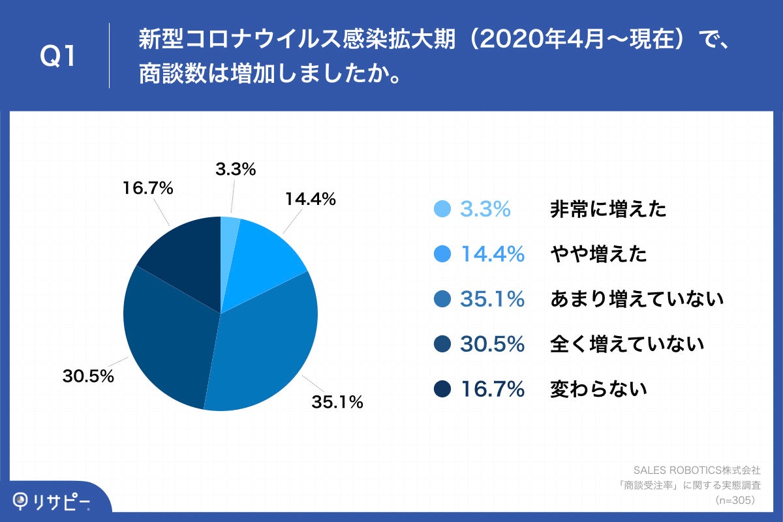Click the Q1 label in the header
(x=58, y=57)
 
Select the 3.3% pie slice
(x=229, y=235)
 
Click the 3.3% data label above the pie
(x=235, y=170)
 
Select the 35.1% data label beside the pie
(x=337, y=403)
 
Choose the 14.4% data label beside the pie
(x=310, y=200)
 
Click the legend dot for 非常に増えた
(x=442, y=209)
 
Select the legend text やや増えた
(x=598, y=254)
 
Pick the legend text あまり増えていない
(x=637, y=299)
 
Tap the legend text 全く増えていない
(x=627, y=344)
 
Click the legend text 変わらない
(x=598, y=389)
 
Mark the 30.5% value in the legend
(x=492, y=344)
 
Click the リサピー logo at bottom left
(x=52, y=501)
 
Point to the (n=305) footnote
(x=735, y=500)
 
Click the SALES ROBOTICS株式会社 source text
(x=697, y=469)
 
